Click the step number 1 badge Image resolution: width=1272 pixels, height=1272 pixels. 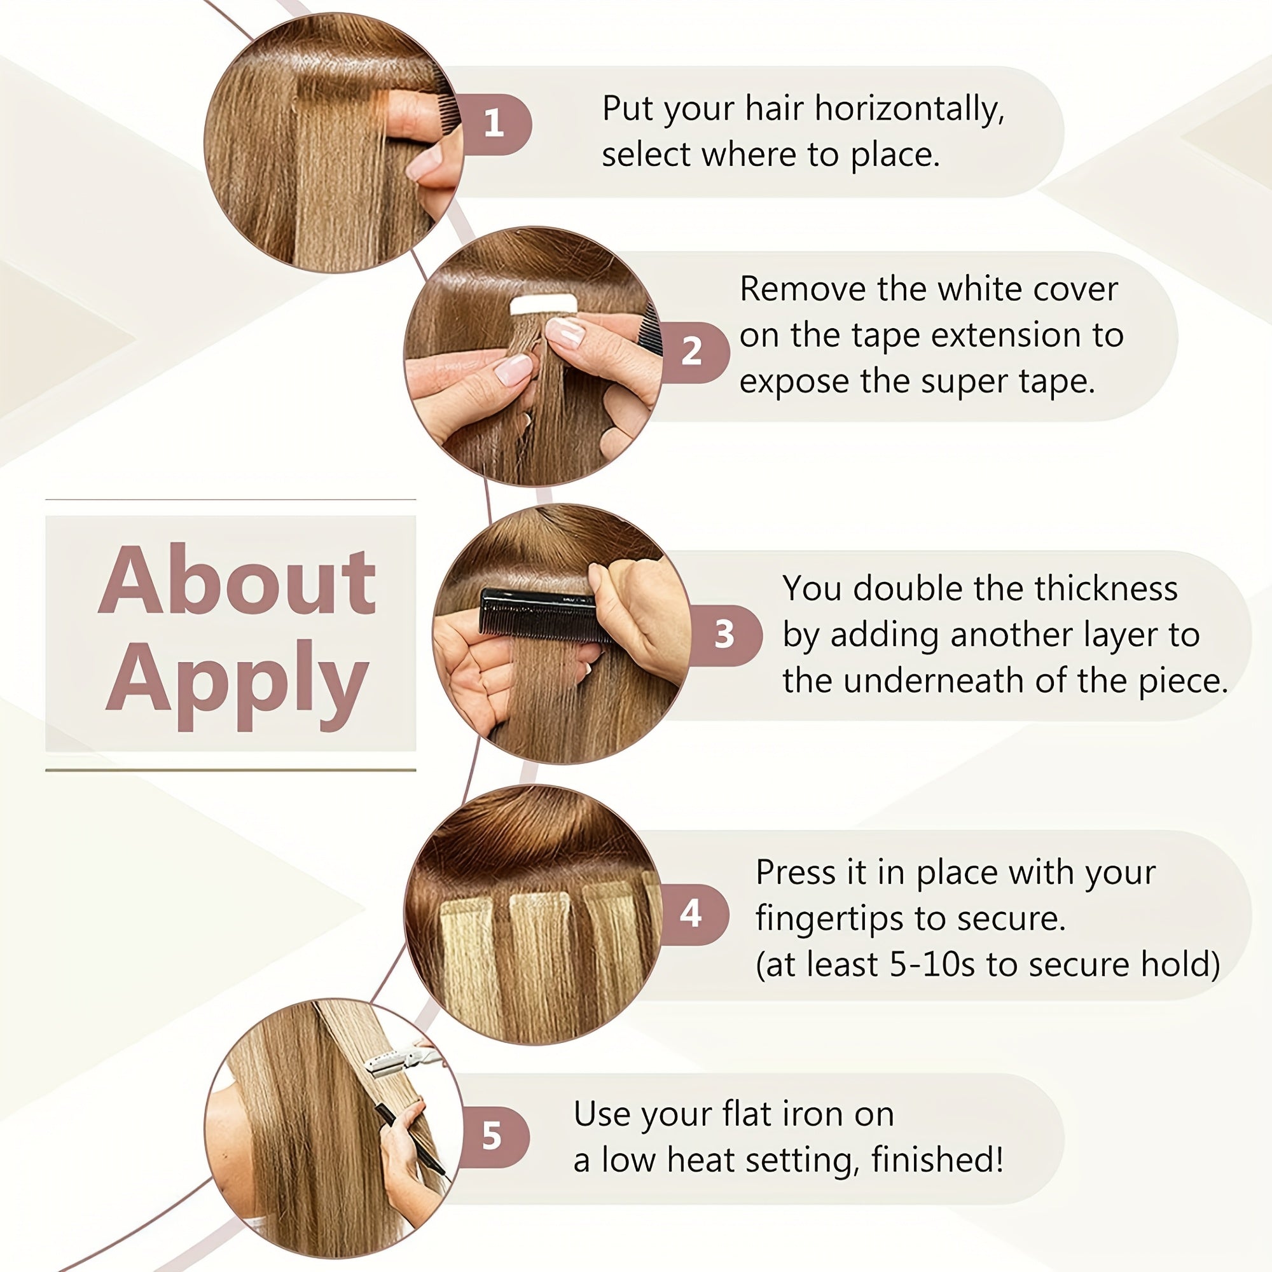coord(495,125)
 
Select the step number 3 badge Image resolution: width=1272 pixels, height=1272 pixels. coord(726,635)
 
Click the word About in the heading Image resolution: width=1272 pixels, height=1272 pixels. coord(237,581)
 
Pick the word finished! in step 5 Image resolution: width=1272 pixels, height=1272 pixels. coord(937,1160)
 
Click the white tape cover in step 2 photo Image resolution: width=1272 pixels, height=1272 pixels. coord(544,305)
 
